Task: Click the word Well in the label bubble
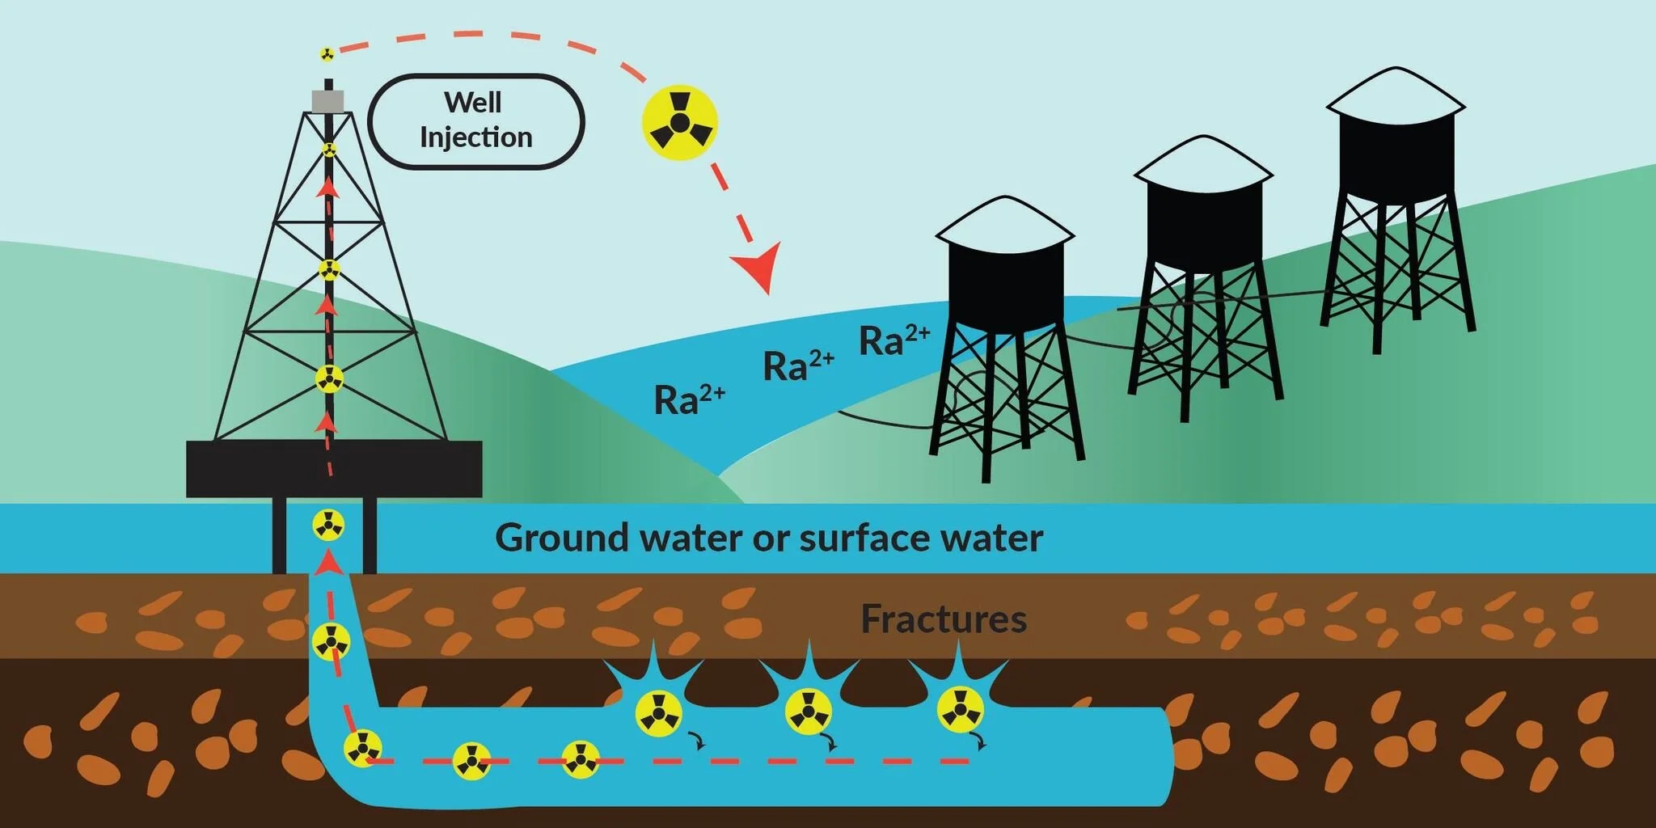click(x=473, y=103)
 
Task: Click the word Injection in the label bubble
click(x=475, y=137)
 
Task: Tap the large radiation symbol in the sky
click(x=680, y=122)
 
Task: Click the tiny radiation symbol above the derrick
click(x=327, y=54)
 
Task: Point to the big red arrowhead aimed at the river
click(x=759, y=267)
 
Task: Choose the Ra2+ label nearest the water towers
click(x=893, y=340)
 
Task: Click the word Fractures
click(x=944, y=619)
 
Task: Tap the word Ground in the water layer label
click(x=561, y=538)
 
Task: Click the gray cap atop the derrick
click(x=327, y=101)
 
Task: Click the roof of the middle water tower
click(x=1203, y=163)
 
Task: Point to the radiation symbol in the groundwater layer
click(x=328, y=526)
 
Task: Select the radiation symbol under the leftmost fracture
click(x=658, y=713)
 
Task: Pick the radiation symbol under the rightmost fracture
click(x=960, y=709)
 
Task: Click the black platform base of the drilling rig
click(x=334, y=468)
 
